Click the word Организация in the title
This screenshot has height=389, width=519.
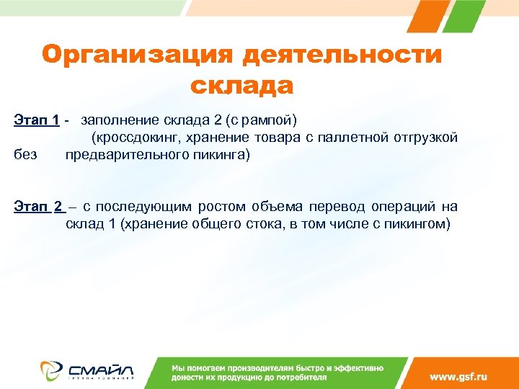[138, 55]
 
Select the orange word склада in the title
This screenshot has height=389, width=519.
[241, 86]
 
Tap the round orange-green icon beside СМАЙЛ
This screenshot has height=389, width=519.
[51, 370]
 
